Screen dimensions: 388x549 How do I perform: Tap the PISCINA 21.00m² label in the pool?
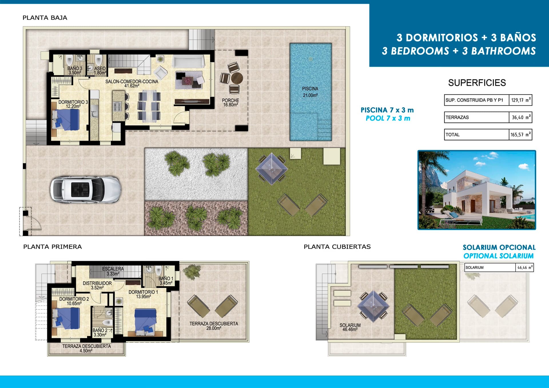tap(310, 92)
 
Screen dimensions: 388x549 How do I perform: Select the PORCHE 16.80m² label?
tap(230, 103)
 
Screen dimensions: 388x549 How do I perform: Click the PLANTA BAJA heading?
tap(45, 18)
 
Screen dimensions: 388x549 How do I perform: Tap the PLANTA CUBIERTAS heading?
tap(337, 247)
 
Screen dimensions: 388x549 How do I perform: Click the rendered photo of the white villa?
tap(477, 190)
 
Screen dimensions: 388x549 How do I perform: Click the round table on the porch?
tap(237, 78)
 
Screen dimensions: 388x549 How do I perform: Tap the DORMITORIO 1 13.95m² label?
tap(143, 294)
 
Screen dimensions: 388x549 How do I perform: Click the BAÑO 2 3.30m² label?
tap(100, 333)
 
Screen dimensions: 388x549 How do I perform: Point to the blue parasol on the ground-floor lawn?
tap(271, 169)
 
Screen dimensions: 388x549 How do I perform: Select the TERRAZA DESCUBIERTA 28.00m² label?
tap(214, 326)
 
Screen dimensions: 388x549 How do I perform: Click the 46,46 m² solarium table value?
tap(525, 268)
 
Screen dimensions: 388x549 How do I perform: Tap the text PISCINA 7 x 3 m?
tap(387, 110)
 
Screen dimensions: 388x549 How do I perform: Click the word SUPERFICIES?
tap(477, 83)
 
